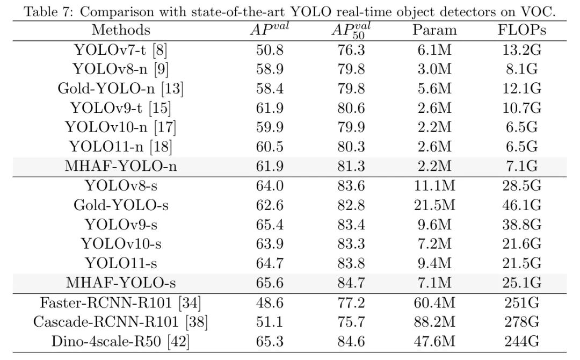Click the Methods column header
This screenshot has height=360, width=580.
click(x=121, y=30)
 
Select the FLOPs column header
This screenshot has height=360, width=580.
click(x=522, y=30)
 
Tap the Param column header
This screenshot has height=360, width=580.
click(x=434, y=30)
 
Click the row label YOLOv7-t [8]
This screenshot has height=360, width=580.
click(x=121, y=51)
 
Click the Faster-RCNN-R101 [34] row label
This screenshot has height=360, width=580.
click(x=121, y=303)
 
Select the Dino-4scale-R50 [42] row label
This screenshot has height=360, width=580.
click(x=121, y=341)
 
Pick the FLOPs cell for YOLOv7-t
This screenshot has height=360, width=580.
click(x=522, y=51)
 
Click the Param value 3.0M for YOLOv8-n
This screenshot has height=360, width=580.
click(x=434, y=69)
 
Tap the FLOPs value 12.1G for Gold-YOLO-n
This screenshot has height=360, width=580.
click(x=522, y=89)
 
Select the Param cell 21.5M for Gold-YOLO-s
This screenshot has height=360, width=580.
click(x=434, y=205)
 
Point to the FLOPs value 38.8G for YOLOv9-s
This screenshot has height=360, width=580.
click(x=522, y=225)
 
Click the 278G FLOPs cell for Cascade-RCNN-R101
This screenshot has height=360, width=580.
click(x=522, y=322)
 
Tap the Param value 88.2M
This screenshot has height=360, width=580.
click(x=434, y=322)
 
